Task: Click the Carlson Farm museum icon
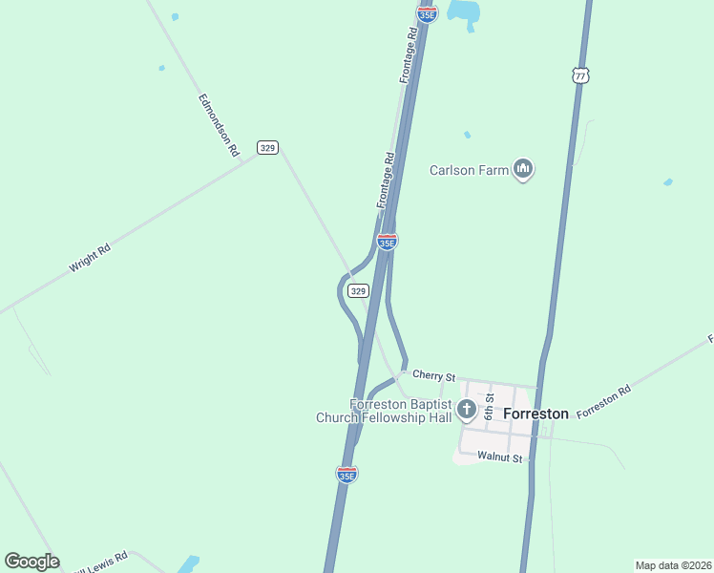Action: coord(522,170)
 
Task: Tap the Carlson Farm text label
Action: coord(468,171)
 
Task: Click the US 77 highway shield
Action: coord(579,74)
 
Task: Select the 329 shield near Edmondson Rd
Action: coord(267,147)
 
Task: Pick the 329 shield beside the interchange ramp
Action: coord(358,290)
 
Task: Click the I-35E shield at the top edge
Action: coord(427,12)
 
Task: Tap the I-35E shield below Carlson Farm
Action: coord(387,242)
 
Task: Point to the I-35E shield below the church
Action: coord(347,474)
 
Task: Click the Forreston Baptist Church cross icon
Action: coord(467,411)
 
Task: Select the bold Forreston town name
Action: coord(535,414)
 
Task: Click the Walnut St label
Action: coord(501,458)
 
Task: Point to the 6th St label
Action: coord(489,405)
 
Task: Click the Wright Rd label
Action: coord(91,259)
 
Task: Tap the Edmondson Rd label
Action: coord(218,124)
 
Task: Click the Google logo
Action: coord(31,562)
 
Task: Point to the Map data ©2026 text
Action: coord(673,565)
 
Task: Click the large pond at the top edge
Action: coord(464,11)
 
